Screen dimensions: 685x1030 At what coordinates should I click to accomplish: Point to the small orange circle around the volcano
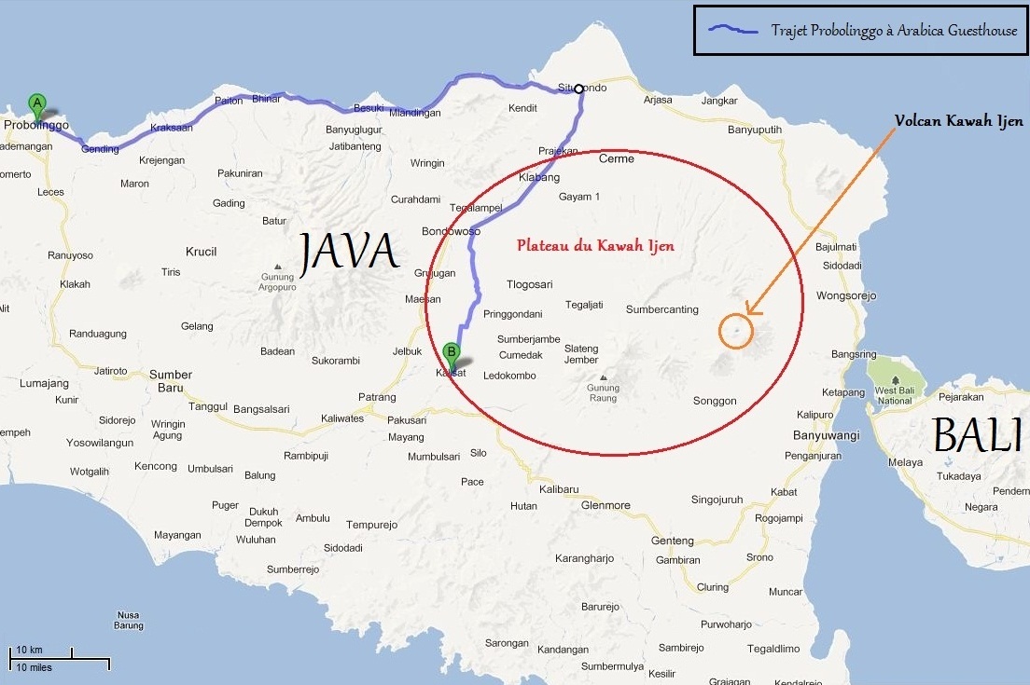click(x=735, y=332)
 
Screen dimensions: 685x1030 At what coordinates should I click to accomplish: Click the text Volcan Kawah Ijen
click(x=958, y=121)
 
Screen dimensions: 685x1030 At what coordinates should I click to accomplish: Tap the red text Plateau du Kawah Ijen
click(x=595, y=246)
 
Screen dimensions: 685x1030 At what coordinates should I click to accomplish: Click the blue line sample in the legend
click(x=733, y=30)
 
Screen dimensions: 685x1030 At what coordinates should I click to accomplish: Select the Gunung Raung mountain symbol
click(x=603, y=378)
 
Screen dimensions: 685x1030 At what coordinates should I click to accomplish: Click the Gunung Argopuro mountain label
click(x=277, y=282)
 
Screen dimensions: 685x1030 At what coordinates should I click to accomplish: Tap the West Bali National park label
click(x=894, y=395)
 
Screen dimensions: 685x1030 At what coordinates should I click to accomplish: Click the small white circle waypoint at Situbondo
click(x=578, y=89)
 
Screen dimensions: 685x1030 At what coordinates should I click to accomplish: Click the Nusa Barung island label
click(x=128, y=621)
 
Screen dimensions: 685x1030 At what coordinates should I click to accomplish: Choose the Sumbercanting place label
click(x=661, y=309)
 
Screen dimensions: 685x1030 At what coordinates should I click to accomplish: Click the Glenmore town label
click(x=605, y=505)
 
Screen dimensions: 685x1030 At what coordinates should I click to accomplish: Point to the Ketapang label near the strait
click(x=843, y=392)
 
